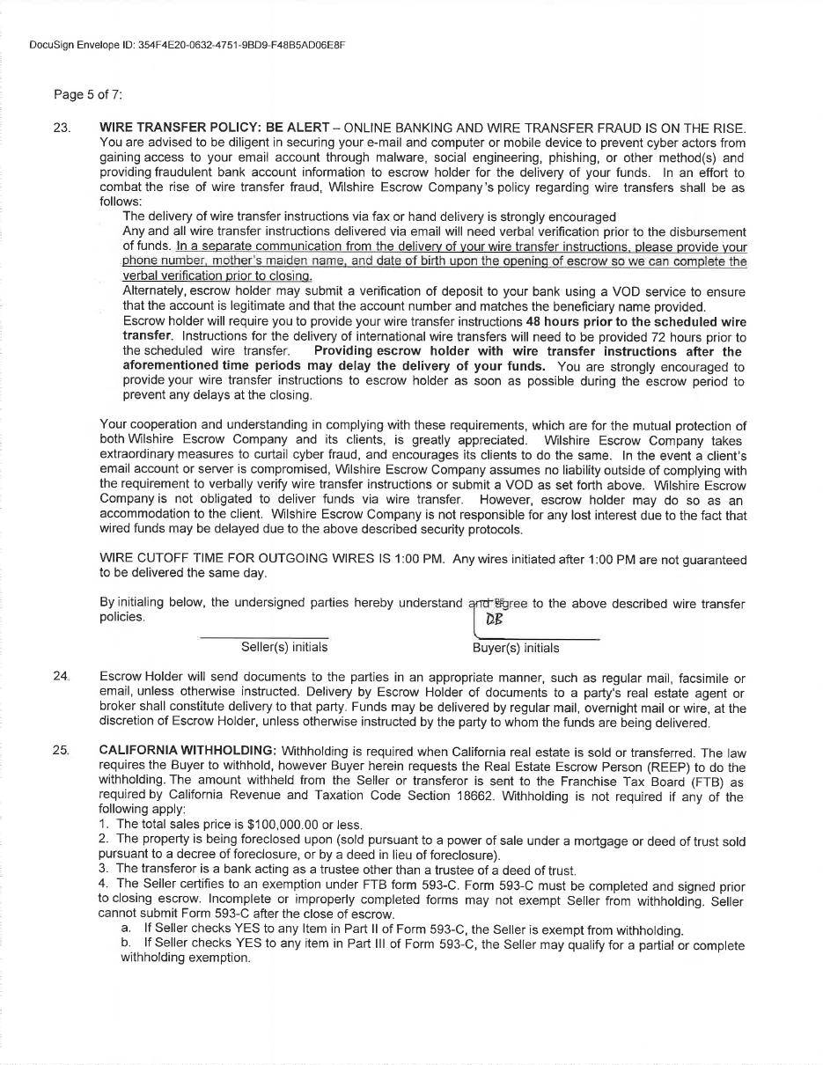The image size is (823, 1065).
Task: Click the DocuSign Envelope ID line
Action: tap(187, 44)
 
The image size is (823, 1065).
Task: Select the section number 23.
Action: tap(62, 128)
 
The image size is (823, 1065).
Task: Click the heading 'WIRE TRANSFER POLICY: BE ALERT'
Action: tap(214, 128)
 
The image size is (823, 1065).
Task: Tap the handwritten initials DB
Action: tap(494, 619)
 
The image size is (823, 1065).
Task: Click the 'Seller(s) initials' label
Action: tap(284, 647)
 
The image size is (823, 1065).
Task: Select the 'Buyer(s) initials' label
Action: tap(516, 648)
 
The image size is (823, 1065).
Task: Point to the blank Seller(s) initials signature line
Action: tap(264, 636)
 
